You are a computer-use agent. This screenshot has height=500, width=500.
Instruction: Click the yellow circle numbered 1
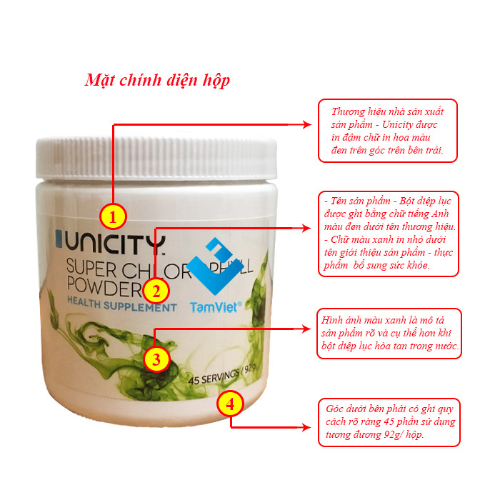(x=113, y=216)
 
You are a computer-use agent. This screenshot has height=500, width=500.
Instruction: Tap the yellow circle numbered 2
(x=156, y=291)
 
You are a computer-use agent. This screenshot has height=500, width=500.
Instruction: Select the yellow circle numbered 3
(x=156, y=359)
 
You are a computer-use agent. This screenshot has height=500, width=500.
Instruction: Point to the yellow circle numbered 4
(x=230, y=404)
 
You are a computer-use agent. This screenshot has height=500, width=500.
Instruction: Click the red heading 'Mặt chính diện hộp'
(x=157, y=80)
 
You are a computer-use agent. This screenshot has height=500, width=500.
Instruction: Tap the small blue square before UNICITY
(x=59, y=239)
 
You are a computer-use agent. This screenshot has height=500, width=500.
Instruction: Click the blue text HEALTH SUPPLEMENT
(x=122, y=305)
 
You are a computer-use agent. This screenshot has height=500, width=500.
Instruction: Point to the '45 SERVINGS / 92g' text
(x=222, y=375)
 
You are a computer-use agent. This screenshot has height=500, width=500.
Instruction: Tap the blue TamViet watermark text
(x=216, y=306)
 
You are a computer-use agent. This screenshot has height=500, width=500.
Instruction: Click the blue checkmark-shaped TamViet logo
(x=215, y=266)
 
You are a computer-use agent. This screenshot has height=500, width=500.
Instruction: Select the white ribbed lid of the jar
(x=156, y=157)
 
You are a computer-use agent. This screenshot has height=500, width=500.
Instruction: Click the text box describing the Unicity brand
(x=388, y=131)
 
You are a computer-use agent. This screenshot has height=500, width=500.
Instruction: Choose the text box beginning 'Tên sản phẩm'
(x=389, y=234)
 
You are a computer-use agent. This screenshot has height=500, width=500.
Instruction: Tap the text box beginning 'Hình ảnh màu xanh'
(x=389, y=334)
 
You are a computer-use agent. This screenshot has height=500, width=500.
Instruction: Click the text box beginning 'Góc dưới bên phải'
(x=389, y=422)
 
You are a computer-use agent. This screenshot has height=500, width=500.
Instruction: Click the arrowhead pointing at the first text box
(x=306, y=125)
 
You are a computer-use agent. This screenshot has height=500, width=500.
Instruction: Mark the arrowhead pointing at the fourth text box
(x=306, y=427)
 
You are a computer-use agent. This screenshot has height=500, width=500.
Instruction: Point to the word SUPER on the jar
(x=91, y=268)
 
